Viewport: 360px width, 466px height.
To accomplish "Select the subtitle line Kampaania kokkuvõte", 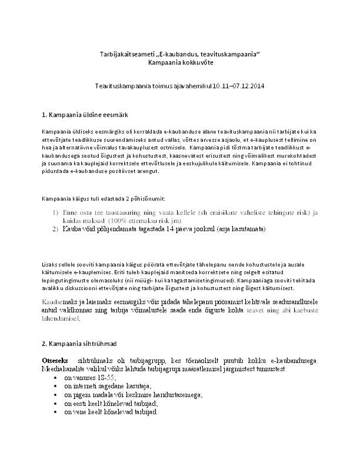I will click(180, 62).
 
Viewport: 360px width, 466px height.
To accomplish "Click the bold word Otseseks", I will click(56, 360).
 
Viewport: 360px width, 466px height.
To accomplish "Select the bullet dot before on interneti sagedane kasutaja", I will click(55, 386).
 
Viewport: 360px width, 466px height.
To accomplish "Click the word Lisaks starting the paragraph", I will click(51, 264).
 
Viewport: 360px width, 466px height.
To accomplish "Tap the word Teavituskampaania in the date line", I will click(123, 86).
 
